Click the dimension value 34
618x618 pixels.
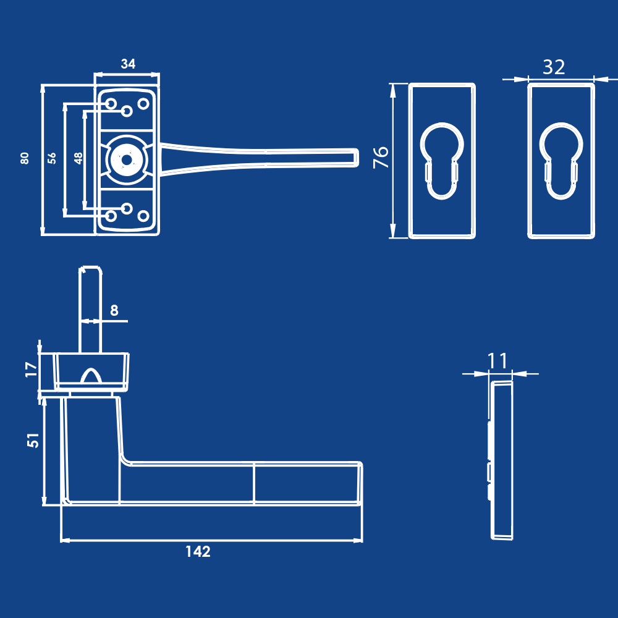tap(128, 64)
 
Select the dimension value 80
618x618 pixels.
tap(25, 158)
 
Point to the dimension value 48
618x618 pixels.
tap(78, 158)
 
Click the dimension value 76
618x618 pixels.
tap(381, 157)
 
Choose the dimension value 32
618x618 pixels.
tap(554, 67)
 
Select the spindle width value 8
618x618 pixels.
tap(114, 310)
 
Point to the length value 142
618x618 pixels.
tap(198, 552)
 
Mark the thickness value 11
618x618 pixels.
tap(497, 360)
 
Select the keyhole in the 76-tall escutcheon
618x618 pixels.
tap(442, 161)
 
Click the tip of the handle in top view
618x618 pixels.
tap(355, 157)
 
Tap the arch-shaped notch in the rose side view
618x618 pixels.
tap(91, 376)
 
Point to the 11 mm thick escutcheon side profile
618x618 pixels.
tap(502, 460)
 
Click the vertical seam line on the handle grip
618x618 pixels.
tap(254, 483)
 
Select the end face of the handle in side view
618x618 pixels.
tap(360, 483)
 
